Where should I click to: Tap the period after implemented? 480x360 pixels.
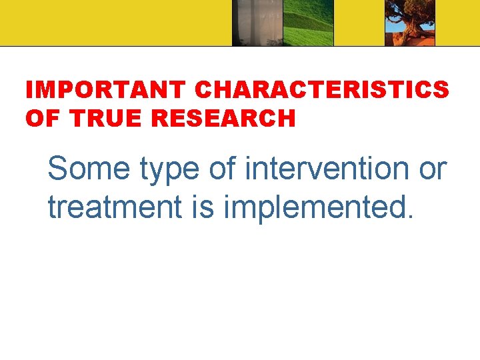(x=410, y=217)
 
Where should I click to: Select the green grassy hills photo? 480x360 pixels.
(x=307, y=23)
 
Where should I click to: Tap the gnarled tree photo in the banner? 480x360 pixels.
(x=410, y=23)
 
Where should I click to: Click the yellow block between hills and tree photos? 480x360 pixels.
(x=359, y=23)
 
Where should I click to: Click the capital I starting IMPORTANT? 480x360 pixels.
(x=29, y=90)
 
